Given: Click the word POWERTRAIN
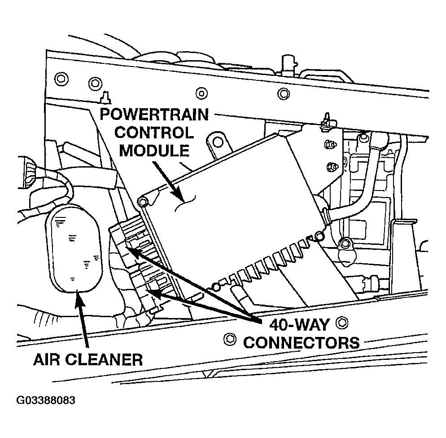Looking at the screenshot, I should tap(153, 115).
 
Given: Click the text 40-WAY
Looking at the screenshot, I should tap(300, 324).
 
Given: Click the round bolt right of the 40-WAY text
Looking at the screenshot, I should tap(344, 322).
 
